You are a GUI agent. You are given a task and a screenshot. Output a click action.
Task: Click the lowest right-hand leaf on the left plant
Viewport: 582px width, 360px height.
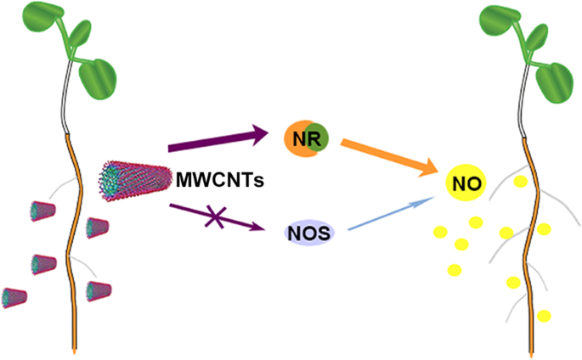point(101,78)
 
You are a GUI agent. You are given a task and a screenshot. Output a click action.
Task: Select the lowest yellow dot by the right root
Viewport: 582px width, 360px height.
point(544,316)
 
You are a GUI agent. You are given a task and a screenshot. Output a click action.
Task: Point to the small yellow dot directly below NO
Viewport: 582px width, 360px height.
point(476,222)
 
